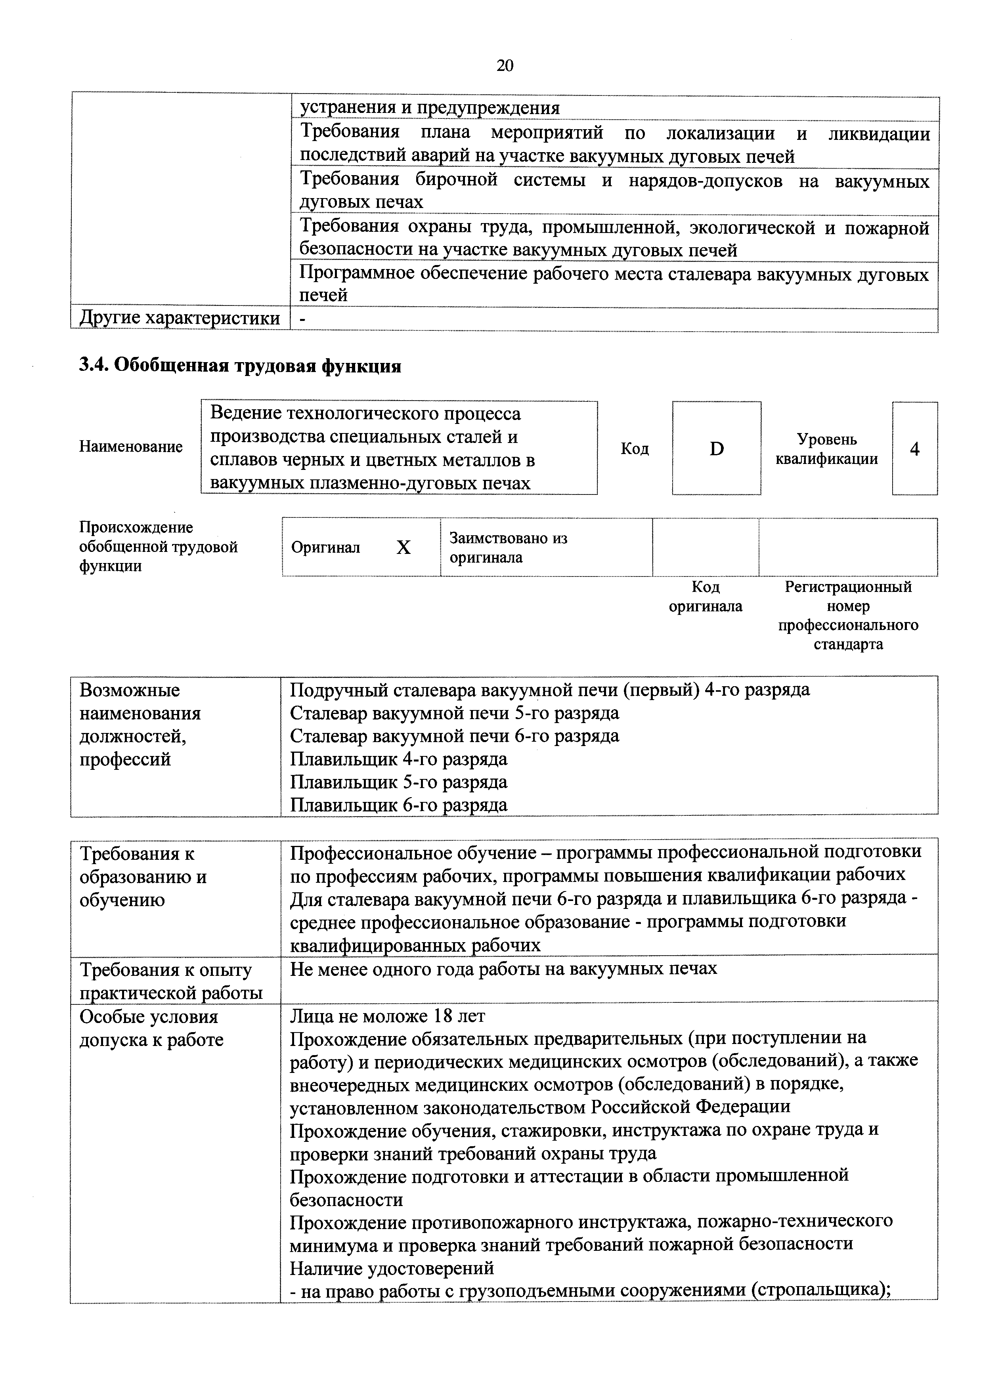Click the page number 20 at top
tap(505, 66)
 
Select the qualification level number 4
tap(914, 449)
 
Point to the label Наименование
tap(130, 447)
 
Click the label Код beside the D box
tap(634, 449)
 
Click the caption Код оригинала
tap(706, 597)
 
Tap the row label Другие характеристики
tap(180, 318)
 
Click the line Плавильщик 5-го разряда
tap(398, 782)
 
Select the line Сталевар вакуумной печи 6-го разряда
tap(454, 736)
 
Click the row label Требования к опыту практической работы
tap(171, 981)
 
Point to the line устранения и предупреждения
tap(429, 108)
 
